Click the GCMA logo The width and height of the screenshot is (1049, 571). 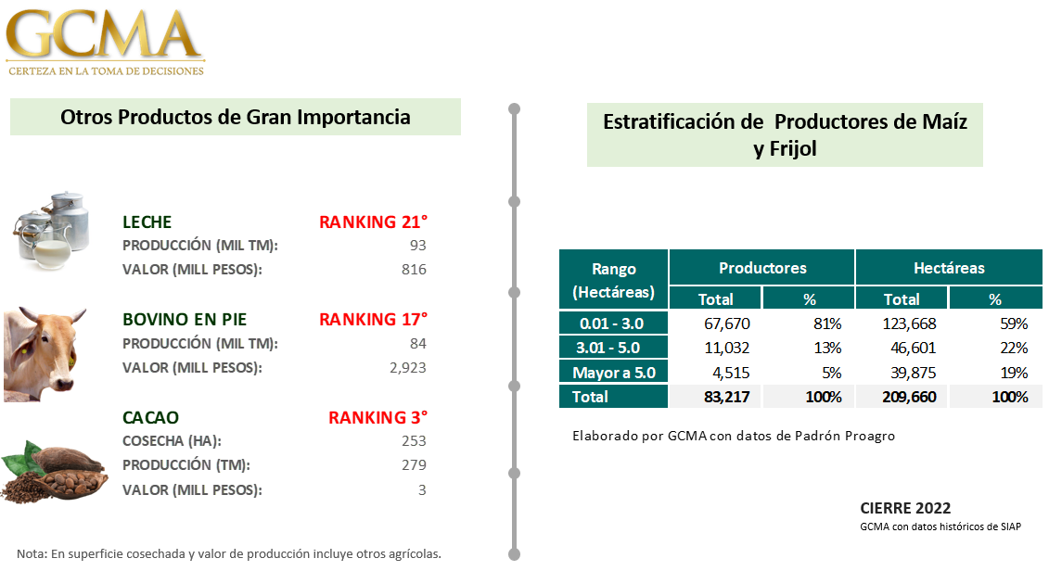tap(105, 42)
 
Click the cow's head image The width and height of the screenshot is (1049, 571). tap(45, 354)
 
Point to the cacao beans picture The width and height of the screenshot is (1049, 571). tap(54, 472)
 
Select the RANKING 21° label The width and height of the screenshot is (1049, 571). tap(373, 222)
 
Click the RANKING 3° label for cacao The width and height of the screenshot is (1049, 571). tap(378, 418)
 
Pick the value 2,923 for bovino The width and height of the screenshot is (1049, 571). tap(408, 368)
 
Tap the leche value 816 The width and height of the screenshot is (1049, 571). tap(414, 270)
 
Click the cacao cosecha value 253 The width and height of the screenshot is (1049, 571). tap(414, 440)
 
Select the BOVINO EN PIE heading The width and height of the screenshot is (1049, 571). tap(185, 320)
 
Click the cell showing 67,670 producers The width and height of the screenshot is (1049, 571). tap(727, 324)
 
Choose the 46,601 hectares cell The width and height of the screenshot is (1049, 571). tap(914, 348)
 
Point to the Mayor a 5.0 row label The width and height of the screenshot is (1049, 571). tap(614, 373)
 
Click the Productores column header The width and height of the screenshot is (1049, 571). tap(762, 268)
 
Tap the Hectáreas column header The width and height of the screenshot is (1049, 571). tap(950, 268)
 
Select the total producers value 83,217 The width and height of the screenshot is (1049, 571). tap(727, 397)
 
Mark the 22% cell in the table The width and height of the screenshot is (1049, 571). tap(1014, 348)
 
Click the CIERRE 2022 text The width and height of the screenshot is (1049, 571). tap(905, 508)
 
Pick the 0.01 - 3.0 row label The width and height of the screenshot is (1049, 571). tap(611, 324)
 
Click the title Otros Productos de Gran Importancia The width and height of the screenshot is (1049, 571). tap(236, 117)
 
